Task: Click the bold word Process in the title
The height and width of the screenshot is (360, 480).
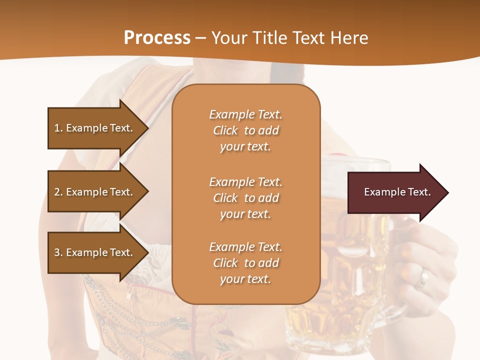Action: pyautogui.click(x=157, y=37)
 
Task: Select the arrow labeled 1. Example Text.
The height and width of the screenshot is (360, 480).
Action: pyautogui.click(x=95, y=128)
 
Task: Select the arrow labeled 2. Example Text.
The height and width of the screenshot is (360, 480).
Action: pyautogui.click(x=95, y=192)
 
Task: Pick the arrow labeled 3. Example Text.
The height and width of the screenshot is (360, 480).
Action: pyautogui.click(x=95, y=252)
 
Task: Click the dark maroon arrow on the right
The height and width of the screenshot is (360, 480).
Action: pyautogui.click(x=395, y=192)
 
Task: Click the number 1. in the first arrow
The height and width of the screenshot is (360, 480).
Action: pyautogui.click(x=58, y=128)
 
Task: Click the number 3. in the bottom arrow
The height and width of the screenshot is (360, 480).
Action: pyautogui.click(x=58, y=252)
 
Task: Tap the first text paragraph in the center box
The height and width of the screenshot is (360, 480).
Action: pyautogui.click(x=245, y=130)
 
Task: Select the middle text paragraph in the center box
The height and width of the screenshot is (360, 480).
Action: pyautogui.click(x=245, y=198)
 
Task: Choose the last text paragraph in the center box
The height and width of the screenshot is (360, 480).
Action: pyautogui.click(x=245, y=263)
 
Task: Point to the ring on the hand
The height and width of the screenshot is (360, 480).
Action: pyautogui.click(x=423, y=278)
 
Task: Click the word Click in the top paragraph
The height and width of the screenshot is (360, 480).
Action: pyautogui.click(x=225, y=130)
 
